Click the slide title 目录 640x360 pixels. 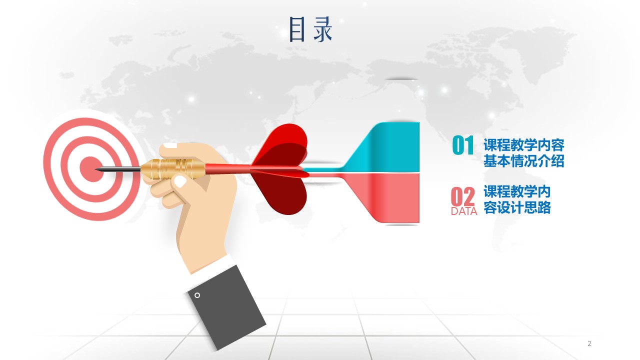coord(310,29)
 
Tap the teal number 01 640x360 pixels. coord(463,145)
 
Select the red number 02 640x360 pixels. coord(463,196)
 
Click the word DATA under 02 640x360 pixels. coord(464,211)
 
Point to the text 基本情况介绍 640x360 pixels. coord(523,161)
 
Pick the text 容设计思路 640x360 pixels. coord(517,207)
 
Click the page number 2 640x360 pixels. coord(589,343)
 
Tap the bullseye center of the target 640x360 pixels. coord(91,169)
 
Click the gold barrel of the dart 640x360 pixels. coord(173,169)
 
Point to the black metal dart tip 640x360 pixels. coord(117,169)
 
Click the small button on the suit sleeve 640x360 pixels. coord(197,295)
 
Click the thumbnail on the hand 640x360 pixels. coord(180,181)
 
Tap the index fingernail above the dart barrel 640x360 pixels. coord(170,145)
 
